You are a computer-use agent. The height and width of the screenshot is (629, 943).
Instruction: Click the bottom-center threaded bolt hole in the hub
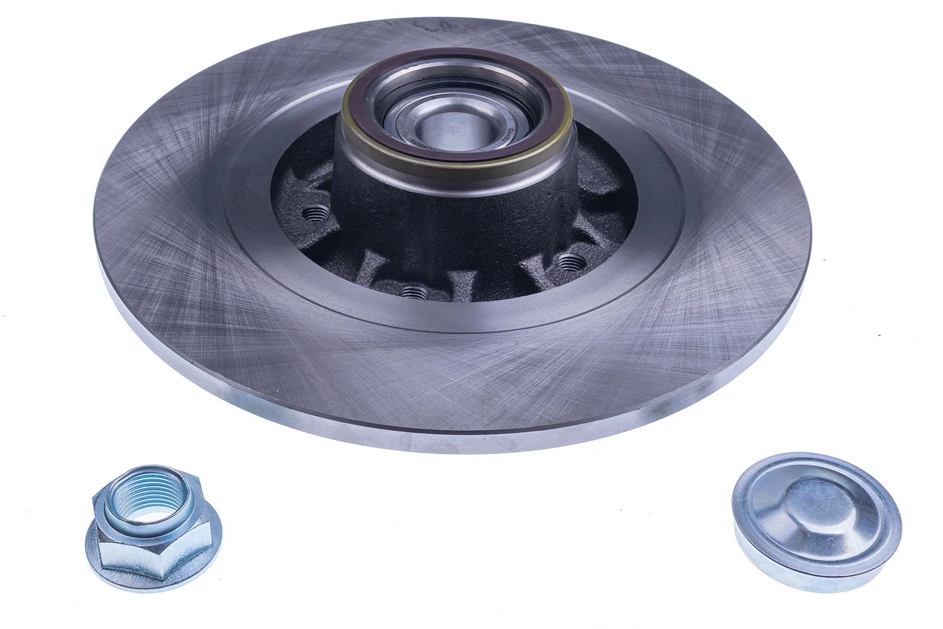(411, 291)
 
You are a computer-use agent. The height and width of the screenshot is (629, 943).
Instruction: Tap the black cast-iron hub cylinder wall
(440, 208)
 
